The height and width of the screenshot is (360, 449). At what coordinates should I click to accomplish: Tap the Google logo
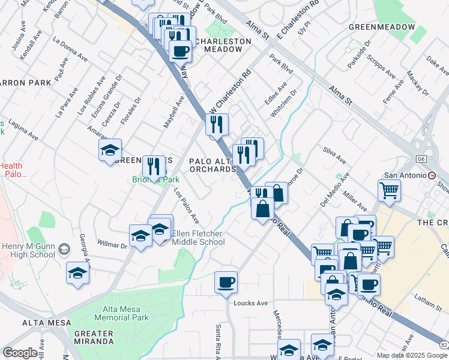tap(20, 353)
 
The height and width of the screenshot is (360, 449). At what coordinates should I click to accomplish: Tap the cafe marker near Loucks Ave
tap(226, 283)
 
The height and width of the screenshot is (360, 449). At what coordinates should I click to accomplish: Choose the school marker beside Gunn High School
tap(77, 274)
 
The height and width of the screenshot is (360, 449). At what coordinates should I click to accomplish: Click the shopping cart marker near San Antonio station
tap(390, 191)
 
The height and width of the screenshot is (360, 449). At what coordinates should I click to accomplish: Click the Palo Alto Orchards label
tap(212, 165)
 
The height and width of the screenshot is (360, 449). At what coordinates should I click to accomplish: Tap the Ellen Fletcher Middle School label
tap(198, 238)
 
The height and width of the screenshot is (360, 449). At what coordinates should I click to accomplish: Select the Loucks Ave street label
tap(250, 303)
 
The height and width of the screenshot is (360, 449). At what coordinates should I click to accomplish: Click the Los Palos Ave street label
tap(186, 206)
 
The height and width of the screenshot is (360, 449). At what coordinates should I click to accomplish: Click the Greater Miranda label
tap(93, 337)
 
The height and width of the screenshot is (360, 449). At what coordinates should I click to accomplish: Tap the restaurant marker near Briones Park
tap(154, 166)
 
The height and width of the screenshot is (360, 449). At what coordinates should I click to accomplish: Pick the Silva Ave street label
tap(334, 155)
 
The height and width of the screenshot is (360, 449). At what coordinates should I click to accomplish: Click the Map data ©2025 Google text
tap(411, 355)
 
